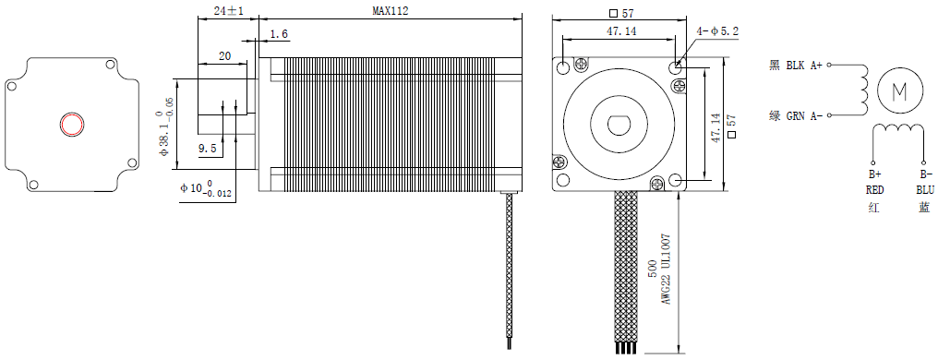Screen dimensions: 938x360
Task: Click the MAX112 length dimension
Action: (x=390, y=11)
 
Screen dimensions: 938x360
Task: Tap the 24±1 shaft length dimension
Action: (x=229, y=11)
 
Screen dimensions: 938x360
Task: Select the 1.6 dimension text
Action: (x=279, y=35)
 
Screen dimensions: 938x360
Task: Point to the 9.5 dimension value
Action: (x=207, y=149)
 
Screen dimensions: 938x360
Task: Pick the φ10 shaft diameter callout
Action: (x=206, y=188)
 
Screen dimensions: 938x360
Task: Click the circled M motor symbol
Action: (x=898, y=90)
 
